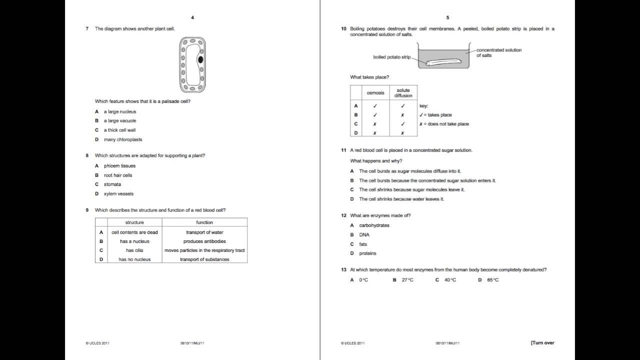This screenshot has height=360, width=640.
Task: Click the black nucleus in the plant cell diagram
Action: coord(200,59)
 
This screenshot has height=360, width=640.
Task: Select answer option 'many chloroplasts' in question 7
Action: coord(123,139)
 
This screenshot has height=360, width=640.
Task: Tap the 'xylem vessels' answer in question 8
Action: coord(118,193)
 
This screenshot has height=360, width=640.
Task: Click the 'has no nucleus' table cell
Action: coord(134,259)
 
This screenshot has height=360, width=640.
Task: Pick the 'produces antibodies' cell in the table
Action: coord(204,241)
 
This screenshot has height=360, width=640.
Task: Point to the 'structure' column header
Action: coord(134,222)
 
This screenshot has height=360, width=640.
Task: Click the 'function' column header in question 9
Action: coord(204,222)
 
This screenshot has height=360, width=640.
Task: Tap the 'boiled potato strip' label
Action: coord(391,57)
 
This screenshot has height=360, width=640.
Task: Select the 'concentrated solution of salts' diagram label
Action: coord(498,52)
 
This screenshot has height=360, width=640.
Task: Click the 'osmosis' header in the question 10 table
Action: coord(375,93)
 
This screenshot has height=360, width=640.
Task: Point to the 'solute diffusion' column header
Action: coord(403,93)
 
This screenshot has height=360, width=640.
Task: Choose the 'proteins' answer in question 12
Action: coord(367,253)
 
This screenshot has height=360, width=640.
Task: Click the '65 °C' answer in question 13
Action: coord(492,280)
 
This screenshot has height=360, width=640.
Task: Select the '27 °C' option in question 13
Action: coord(407,280)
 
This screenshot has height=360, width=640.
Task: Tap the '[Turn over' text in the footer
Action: coord(542,343)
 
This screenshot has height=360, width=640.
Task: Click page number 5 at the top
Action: coord(447,17)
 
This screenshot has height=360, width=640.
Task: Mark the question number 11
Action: coord(344,150)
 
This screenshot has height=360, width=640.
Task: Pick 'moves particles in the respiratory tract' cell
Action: coord(204,250)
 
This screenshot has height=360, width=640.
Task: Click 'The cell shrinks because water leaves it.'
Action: coord(401,199)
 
